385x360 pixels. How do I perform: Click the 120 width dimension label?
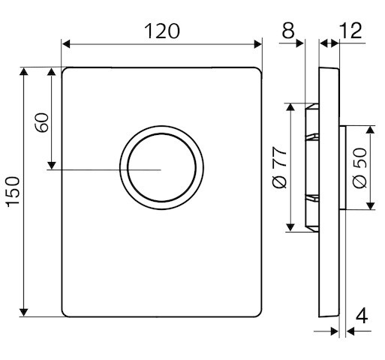click(162, 31)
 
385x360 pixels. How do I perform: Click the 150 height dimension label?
click(13, 192)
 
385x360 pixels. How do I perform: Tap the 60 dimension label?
click(42, 122)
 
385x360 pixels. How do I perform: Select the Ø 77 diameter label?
click(279, 167)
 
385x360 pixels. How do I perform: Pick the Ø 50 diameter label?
click(359, 167)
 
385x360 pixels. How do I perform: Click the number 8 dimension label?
click(288, 31)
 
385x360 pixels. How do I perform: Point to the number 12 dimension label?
click(350, 31)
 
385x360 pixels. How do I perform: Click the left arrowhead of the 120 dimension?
click(66, 44)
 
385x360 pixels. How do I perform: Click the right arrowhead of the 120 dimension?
click(257, 44)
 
